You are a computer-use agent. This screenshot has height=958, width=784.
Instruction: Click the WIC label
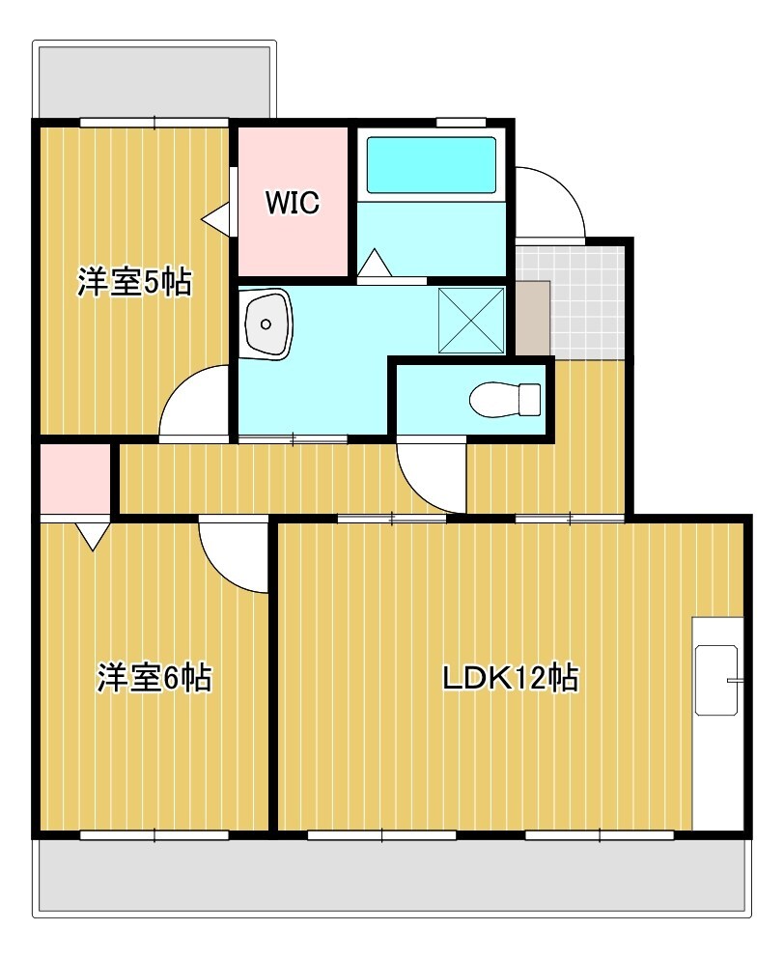pyautogui.click(x=293, y=202)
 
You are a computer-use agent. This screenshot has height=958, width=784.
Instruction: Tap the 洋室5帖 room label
pyautogui.click(x=134, y=282)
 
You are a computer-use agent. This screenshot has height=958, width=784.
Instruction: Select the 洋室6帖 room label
pyautogui.click(x=154, y=677)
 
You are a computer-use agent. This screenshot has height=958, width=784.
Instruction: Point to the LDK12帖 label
pyautogui.click(x=511, y=678)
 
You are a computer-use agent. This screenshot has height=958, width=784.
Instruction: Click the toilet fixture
pyautogui.click(x=505, y=400)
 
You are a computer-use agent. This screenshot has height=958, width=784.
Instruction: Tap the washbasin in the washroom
pyautogui.click(x=267, y=323)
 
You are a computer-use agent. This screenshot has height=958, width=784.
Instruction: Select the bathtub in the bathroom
pyautogui.click(x=431, y=165)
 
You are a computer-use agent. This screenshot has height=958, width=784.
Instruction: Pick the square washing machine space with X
pyautogui.click(x=472, y=321)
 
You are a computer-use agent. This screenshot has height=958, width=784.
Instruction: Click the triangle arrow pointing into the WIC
pyautogui.click(x=215, y=218)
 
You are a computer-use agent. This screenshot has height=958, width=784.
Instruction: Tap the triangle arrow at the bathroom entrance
pyautogui.click(x=374, y=264)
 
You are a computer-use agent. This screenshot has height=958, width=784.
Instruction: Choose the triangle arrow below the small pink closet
pyautogui.click(x=93, y=536)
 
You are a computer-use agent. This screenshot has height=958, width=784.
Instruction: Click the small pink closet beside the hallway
pyautogui.click(x=75, y=479)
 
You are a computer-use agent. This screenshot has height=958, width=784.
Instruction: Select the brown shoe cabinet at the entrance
pyautogui.click(x=533, y=318)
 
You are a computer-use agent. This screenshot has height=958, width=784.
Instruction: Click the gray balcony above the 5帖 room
pyautogui.click(x=154, y=81)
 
